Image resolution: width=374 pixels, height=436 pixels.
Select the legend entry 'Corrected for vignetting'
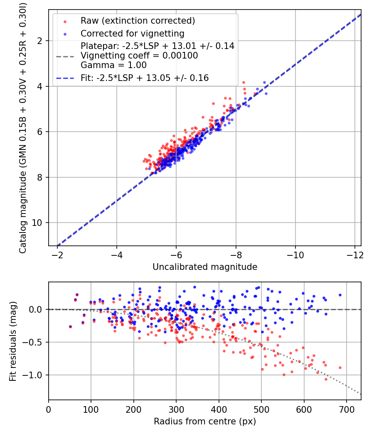pos(132,33)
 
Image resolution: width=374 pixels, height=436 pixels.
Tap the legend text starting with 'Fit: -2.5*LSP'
pos(145,78)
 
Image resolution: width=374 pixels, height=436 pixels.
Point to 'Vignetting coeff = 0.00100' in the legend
pos(139,56)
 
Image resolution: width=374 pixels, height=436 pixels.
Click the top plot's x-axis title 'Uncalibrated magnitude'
pos(205,267)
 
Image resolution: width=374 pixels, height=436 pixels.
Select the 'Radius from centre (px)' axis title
pos(205,421)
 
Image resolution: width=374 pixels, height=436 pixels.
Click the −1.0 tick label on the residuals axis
pos(35,375)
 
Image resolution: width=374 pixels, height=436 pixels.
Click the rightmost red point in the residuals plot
pos(340,367)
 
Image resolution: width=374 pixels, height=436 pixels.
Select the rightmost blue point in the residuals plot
pos(340,295)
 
